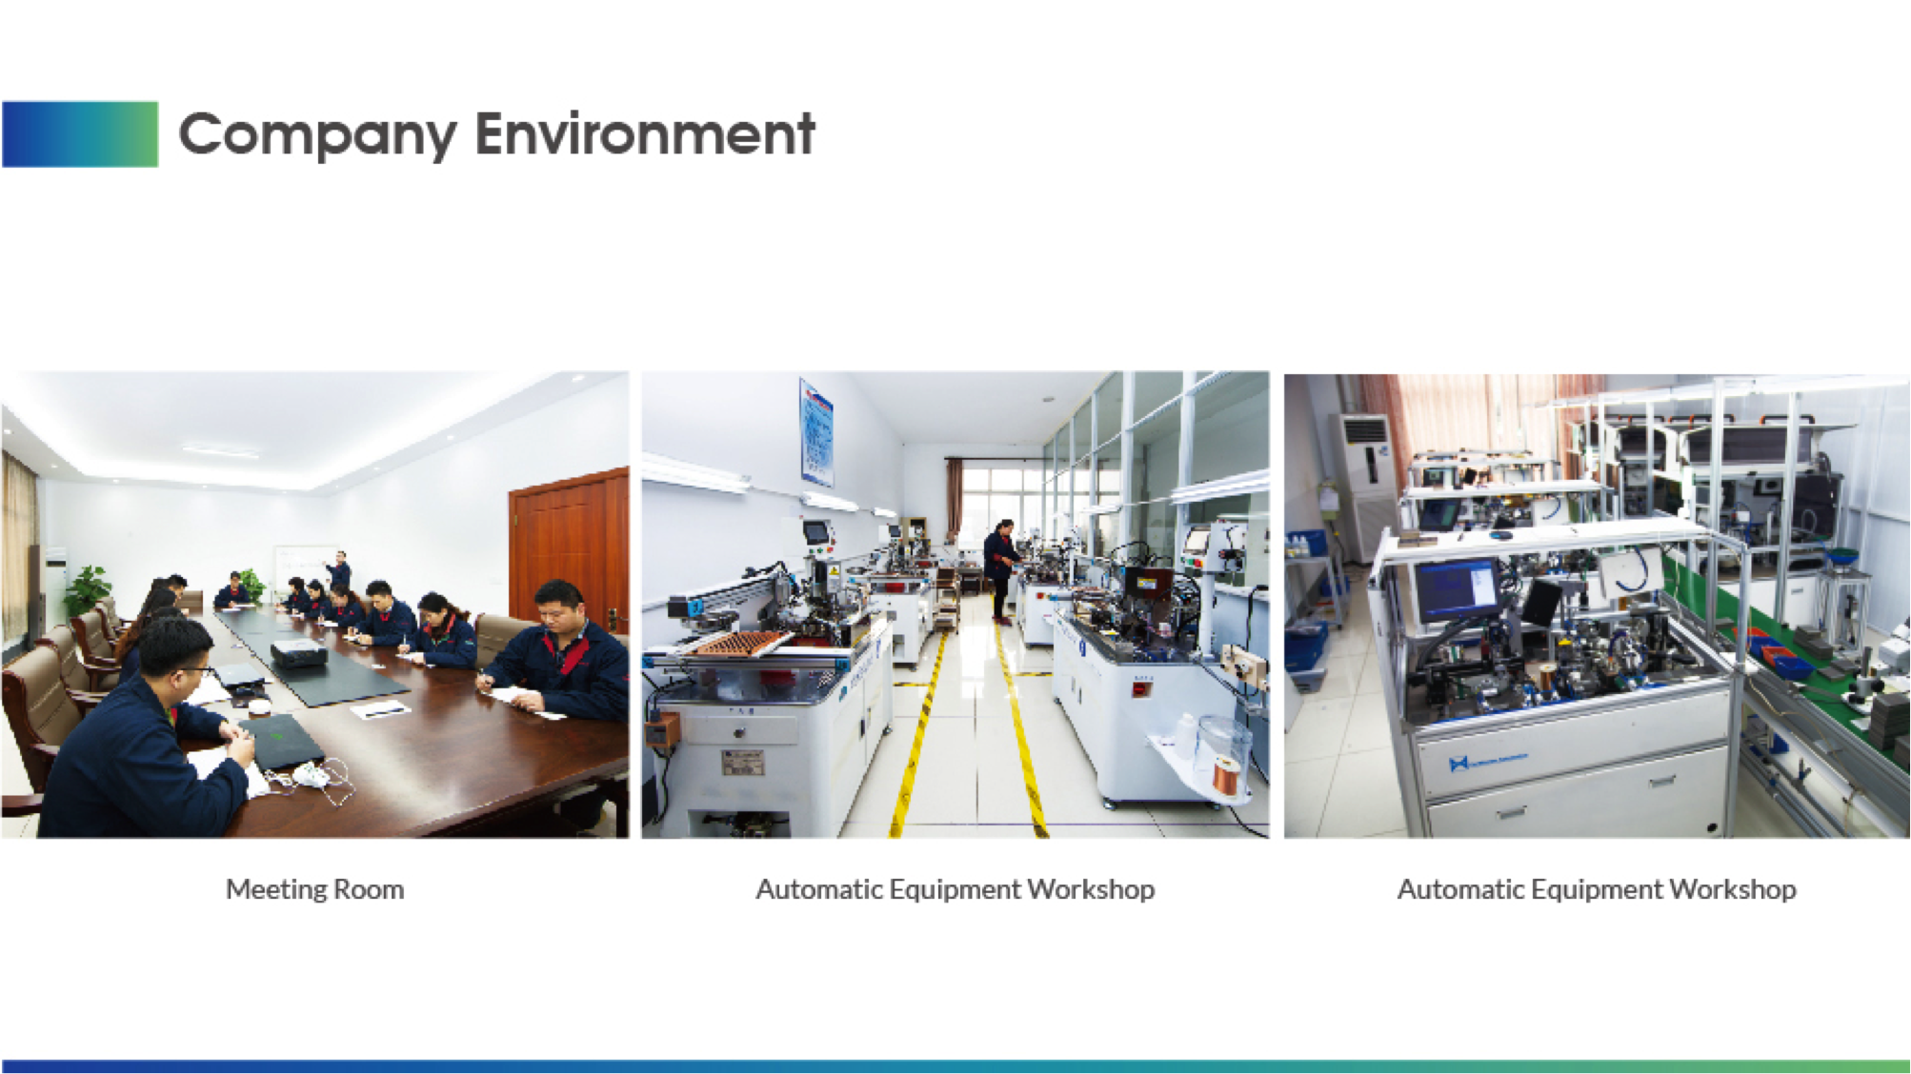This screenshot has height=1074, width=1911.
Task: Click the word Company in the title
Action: click(x=317, y=135)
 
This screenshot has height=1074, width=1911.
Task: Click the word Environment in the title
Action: click(x=645, y=133)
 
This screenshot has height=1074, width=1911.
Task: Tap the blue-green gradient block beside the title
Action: click(x=80, y=134)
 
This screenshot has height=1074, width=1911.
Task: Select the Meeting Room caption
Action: click(x=314, y=889)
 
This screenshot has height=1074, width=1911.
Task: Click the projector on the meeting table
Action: click(x=299, y=653)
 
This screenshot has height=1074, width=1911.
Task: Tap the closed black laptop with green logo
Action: click(x=279, y=740)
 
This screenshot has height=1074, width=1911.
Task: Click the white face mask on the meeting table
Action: click(x=312, y=776)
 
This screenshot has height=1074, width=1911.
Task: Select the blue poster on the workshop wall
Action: click(x=816, y=433)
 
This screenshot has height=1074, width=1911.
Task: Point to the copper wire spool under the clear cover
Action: click(x=1226, y=773)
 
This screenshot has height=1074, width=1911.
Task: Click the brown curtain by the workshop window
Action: click(x=954, y=502)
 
